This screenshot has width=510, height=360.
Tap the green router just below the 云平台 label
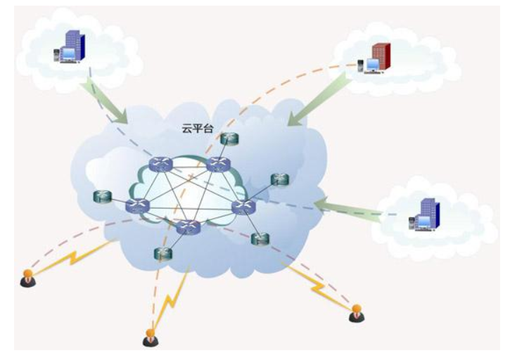tap(227, 139)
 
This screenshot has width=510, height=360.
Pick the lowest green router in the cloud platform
tap(162, 254)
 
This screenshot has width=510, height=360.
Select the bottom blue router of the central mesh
tap(187, 227)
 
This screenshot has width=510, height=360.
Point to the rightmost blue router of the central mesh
tap(243, 207)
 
